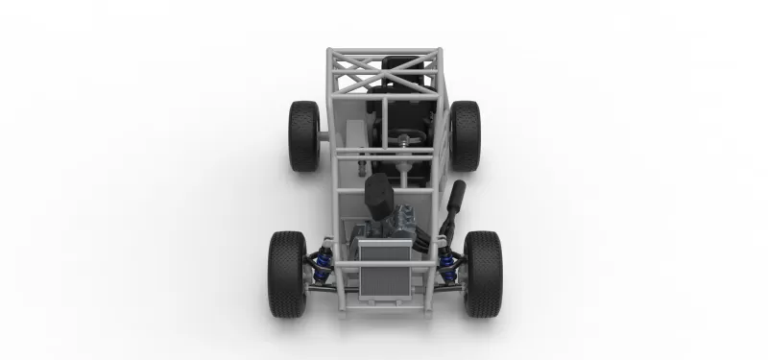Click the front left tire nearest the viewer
[287, 275]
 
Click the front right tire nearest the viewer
[482, 275]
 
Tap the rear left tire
[304, 135]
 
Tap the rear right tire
[465, 135]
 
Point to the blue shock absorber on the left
[325, 257]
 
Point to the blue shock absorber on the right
[444, 258]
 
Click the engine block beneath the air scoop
[394, 226]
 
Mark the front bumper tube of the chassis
[384, 306]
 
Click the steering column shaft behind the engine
[408, 173]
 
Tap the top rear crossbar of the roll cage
[384, 52]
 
